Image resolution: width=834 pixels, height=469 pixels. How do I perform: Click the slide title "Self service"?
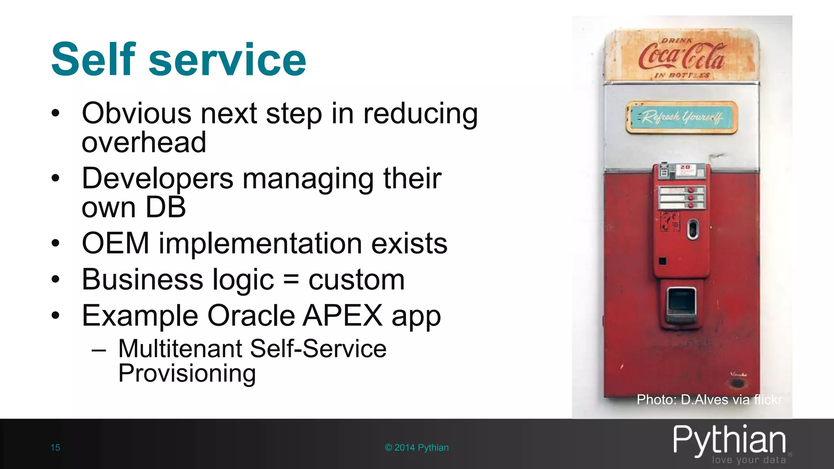[x=178, y=59]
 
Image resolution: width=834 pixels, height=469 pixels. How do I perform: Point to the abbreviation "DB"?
[x=165, y=207]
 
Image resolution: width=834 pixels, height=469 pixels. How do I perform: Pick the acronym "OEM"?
[x=115, y=243]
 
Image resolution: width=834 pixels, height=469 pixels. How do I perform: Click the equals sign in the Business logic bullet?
[x=291, y=280]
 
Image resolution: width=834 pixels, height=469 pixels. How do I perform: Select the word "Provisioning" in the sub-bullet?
[x=187, y=373]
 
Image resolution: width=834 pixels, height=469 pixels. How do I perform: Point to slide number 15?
[x=55, y=447]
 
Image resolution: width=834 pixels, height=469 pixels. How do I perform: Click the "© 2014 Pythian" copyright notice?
[x=417, y=447]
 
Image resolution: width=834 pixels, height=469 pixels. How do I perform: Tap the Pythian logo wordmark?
[x=729, y=441]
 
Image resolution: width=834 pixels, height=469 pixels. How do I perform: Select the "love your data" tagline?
[x=748, y=460]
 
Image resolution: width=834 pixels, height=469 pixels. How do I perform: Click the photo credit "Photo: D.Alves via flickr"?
[x=709, y=399]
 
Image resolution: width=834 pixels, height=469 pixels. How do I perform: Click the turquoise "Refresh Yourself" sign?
[x=681, y=117]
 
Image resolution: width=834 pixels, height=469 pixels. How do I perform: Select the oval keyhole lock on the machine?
[x=693, y=229]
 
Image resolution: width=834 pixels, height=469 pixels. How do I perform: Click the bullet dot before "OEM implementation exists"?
[x=56, y=243]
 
